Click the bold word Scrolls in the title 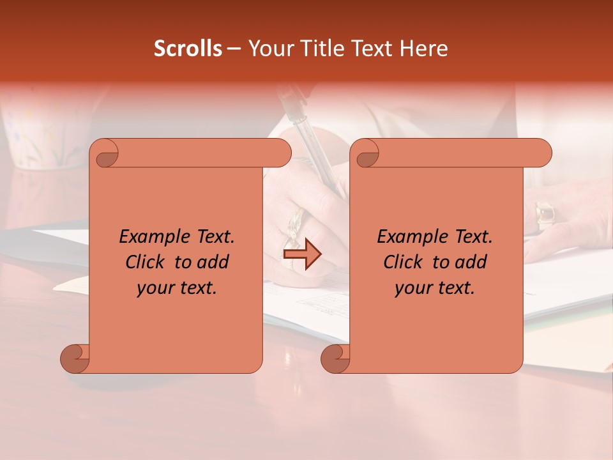(188, 49)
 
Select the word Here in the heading (423, 49)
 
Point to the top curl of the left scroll (105, 154)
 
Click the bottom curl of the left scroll (75, 358)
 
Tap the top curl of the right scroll (365, 154)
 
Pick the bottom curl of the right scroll (335, 358)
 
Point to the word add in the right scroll (471, 262)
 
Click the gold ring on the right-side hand (545, 214)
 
